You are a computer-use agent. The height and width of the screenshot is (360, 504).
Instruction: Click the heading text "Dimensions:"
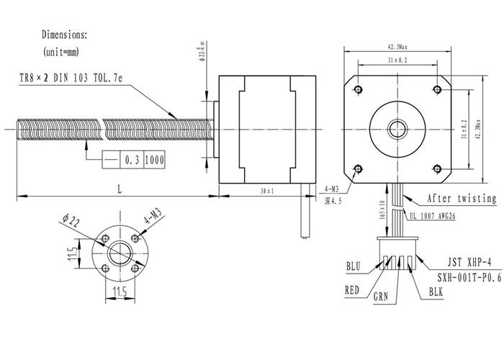point(65,34)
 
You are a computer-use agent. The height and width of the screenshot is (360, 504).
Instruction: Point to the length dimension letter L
point(118,188)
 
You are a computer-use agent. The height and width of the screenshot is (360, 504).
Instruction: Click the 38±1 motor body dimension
point(266,192)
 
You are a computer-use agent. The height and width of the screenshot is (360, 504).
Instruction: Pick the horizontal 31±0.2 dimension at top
point(398,60)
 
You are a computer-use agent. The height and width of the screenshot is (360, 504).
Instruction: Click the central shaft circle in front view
point(398,129)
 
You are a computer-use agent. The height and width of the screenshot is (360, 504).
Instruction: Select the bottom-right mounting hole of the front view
point(438,168)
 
